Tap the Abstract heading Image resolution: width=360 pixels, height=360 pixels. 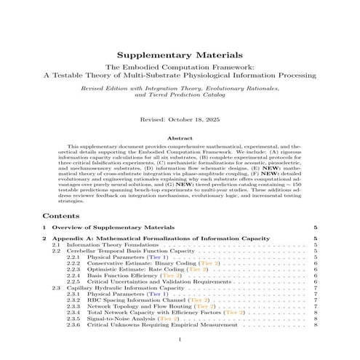pyautogui.click(x=180, y=137)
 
